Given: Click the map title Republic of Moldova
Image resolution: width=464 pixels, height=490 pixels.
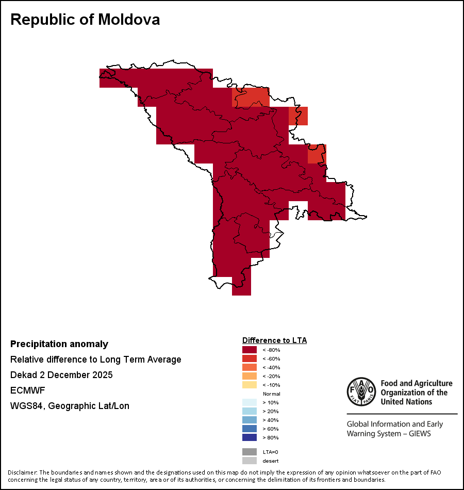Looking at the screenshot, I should coord(85,20).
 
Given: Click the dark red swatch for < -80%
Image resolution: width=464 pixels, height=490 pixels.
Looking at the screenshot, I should coord(250,350).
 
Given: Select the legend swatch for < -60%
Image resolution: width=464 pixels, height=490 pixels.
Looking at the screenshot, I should coord(250,359).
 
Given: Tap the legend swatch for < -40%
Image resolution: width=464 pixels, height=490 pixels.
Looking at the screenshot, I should coord(250,368).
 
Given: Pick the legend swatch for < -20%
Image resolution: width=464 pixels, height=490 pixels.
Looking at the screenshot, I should coord(250,377).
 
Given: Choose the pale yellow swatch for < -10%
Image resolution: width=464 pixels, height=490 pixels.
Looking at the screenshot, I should coord(250,385).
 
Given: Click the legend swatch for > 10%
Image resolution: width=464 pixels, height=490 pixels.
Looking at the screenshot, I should coord(250,403).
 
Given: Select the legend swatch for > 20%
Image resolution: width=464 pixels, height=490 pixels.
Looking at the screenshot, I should coord(250,412).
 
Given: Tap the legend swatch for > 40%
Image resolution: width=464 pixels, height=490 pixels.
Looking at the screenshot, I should coord(250,420).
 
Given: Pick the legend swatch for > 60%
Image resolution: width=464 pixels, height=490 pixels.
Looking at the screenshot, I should coord(250,429).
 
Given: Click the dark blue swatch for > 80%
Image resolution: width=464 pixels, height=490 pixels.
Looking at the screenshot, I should coord(250,438).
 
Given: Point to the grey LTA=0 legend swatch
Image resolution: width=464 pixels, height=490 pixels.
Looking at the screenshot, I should coord(250,452).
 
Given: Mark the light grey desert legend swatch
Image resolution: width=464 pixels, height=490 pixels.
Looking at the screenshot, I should coord(250,461).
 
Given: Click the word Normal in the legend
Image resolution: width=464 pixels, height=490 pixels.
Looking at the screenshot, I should coord(272,394).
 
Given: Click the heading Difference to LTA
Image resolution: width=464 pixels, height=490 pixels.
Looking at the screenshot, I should coord(274,340).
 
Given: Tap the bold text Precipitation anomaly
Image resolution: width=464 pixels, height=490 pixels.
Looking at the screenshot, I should coord(59,344).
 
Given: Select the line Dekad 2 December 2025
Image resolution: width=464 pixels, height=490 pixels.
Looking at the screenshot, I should coord(61,375).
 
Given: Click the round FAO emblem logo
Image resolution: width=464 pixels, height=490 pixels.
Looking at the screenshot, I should coord(360,392).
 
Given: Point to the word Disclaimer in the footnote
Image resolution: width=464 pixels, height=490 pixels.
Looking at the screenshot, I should coord(22,472).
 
